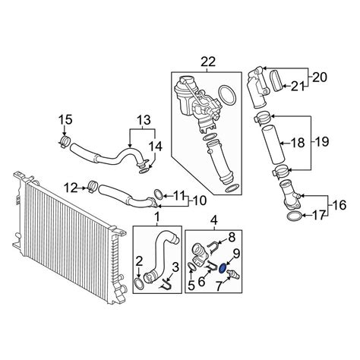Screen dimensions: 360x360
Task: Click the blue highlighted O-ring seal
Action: point(223,268)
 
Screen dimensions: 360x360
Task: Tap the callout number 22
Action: point(208,62)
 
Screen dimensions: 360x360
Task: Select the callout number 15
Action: point(65,120)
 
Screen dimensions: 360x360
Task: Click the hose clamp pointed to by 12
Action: point(93,187)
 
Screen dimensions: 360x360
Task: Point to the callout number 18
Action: point(298,143)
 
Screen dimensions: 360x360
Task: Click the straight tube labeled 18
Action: point(273,145)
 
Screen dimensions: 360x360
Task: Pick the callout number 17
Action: point(319,216)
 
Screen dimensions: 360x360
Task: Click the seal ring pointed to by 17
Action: point(294,216)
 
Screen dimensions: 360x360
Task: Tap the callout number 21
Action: point(298,87)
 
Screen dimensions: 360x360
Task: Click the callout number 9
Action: point(236,253)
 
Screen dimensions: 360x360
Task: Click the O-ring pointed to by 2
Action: point(139,284)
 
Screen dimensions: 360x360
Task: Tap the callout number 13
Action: point(144,120)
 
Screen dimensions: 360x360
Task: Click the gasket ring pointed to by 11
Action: point(159,194)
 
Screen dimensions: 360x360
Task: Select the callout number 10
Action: point(200,201)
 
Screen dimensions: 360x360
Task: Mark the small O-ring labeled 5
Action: point(191,267)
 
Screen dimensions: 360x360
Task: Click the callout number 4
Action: point(214,220)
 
